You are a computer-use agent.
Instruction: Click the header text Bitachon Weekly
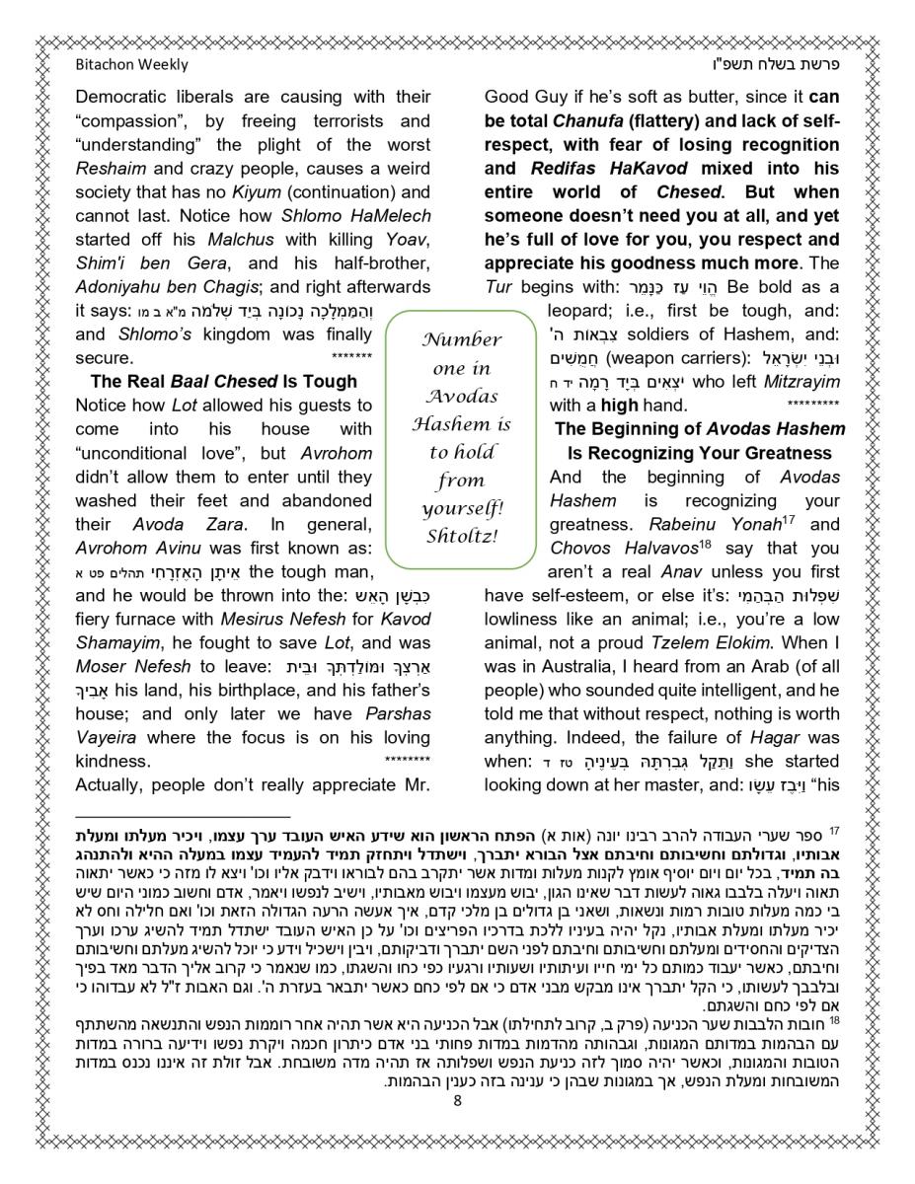click(x=131, y=65)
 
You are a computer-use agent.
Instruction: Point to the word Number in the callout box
click(x=462, y=339)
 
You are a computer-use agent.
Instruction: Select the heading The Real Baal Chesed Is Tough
click(x=224, y=381)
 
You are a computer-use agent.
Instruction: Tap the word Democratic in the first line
click(x=125, y=98)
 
